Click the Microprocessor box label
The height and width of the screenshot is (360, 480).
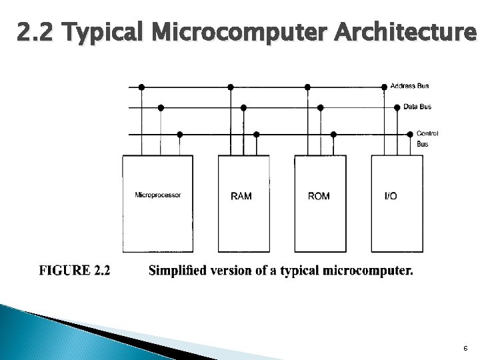[158, 195]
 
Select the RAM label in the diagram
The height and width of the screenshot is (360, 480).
[241, 196]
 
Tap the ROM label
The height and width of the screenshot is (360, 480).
[319, 196]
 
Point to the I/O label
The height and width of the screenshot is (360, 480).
[391, 196]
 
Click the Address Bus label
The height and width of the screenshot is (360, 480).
[409, 86]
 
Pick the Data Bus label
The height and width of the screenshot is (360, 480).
[417, 107]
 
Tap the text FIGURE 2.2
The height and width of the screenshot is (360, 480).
[75, 271]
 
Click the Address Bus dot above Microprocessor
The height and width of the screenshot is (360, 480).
[141, 87]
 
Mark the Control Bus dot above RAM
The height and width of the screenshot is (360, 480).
[257, 134]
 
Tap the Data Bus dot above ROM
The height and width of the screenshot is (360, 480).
[321, 107]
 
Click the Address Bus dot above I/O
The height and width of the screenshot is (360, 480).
[384, 87]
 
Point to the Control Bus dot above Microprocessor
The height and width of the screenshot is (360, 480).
[180, 134]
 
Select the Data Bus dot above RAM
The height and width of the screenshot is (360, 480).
[243, 107]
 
